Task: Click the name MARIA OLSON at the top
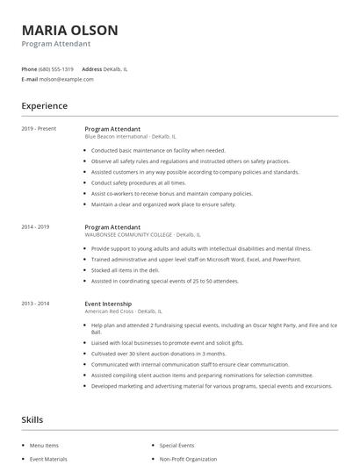point(69,30)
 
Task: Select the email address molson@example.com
point(67,79)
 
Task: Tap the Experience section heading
point(44,106)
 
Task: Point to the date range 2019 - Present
point(39,129)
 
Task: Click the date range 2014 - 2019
point(35,227)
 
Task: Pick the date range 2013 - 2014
point(35,303)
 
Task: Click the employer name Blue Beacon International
point(116,137)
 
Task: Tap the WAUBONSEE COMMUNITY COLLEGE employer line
point(128,235)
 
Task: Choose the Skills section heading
point(32,420)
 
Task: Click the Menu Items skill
point(46,446)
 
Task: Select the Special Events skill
point(177,446)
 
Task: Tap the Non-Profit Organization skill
point(190,459)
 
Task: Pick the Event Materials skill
point(49,459)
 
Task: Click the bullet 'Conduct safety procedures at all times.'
point(138,182)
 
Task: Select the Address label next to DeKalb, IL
point(91,68)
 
